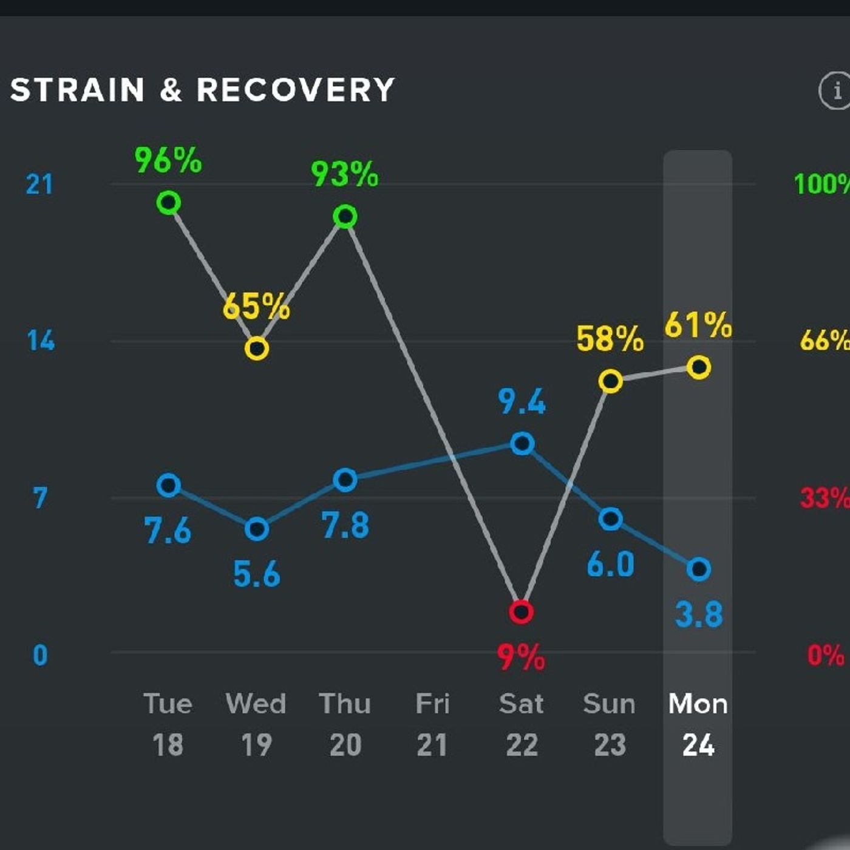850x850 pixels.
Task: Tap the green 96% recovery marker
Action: click(x=169, y=202)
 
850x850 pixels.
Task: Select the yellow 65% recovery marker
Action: click(x=257, y=348)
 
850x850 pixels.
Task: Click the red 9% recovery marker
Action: click(x=521, y=611)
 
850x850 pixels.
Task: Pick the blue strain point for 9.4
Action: click(x=522, y=444)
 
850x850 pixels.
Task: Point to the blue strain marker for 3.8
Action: click(x=699, y=569)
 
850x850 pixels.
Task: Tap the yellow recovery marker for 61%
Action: click(x=699, y=367)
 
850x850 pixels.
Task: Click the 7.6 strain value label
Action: click(x=168, y=531)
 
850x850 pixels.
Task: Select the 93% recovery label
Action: click(x=344, y=174)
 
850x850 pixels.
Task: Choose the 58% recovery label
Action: click(x=610, y=339)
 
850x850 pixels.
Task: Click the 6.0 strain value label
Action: click(x=610, y=565)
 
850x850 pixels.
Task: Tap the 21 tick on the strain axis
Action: click(x=39, y=185)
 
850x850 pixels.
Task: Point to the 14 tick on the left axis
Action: click(x=41, y=341)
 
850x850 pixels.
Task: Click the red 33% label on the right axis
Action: click(x=824, y=498)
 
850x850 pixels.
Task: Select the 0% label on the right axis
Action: click(x=826, y=656)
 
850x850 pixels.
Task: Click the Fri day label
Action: click(x=432, y=704)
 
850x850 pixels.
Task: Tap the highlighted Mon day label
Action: click(x=698, y=704)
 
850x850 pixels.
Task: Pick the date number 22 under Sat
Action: click(x=522, y=745)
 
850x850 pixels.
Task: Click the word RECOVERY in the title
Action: click(x=296, y=90)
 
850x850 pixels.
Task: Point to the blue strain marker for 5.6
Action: click(x=257, y=529)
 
